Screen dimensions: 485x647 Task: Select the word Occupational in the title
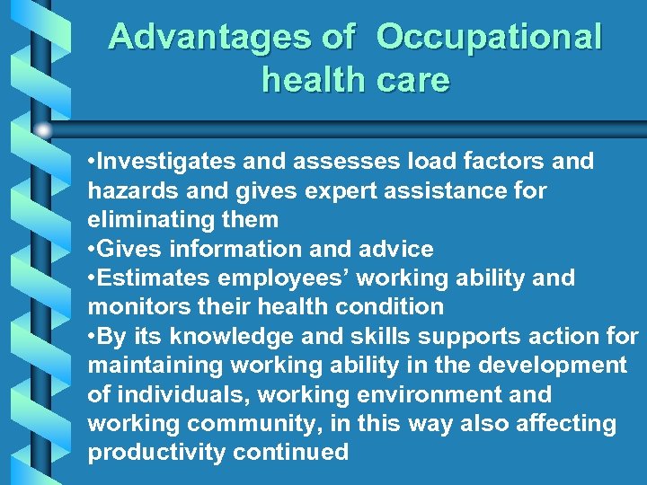[489, 37]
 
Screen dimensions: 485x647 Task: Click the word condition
[389, 306]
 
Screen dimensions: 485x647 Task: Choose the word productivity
[156, 452]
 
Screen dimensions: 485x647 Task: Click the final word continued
[290, 452]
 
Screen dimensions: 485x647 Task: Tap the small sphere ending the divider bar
[43, 131]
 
